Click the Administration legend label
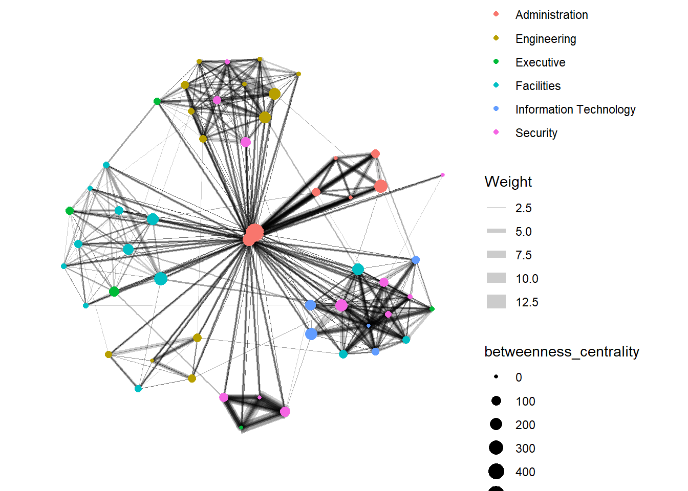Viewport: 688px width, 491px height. coord(552,15)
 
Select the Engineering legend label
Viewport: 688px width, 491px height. coord(546,39)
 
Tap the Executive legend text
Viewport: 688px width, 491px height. coord(540,62)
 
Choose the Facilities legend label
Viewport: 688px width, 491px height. coord(538,86)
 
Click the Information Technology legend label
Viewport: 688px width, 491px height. coord(575,109)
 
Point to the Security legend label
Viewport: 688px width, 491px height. coord(536,133)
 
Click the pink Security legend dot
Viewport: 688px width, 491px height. coord(496,132)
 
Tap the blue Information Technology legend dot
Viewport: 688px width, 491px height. coord(496,108)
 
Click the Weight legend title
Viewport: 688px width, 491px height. coord(508,182)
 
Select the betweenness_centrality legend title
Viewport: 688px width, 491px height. coord(562,352)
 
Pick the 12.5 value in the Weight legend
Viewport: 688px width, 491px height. coord(527,302)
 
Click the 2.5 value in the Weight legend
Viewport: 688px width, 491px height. coord(523,208)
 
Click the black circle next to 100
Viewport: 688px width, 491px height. coord(496,401)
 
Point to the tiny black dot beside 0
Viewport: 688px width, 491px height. coord(496,376)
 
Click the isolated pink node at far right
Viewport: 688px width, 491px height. coord(443,175)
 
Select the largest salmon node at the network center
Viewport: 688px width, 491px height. coord(255,232)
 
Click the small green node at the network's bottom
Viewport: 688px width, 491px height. coord(241,428)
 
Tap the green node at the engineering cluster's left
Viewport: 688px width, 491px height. coord(157,101)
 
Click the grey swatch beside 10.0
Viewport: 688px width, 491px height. coord(496,278)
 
